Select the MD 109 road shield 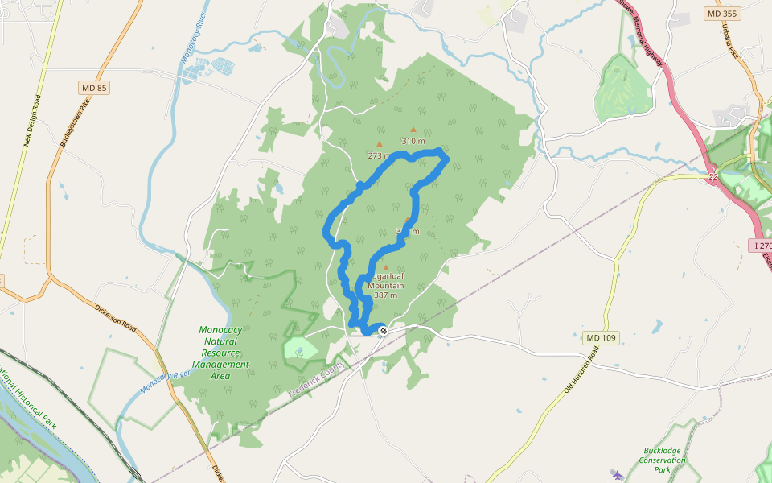click(x=601, y=338)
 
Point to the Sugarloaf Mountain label click(x=386, y=280)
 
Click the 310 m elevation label click(x=413, y=141)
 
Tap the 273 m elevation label click(x=379, y=155)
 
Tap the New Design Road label click(x=31, y=121)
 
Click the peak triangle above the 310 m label click(x=413, y=129)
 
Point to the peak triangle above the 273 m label click(x=380, y=144)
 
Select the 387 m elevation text click(x=385, y=295)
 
